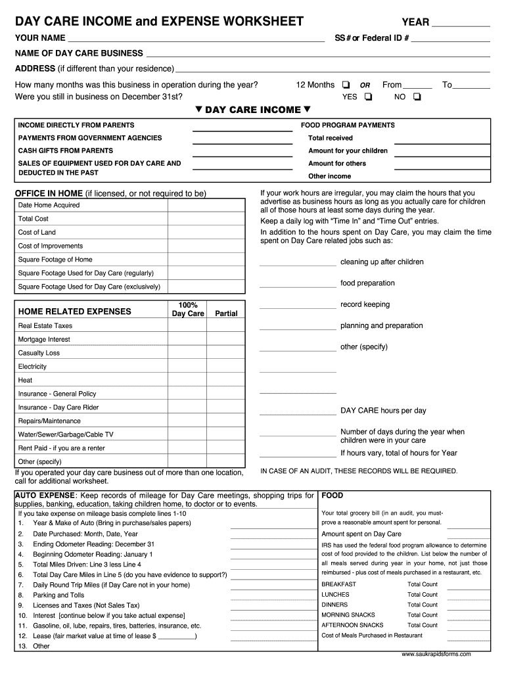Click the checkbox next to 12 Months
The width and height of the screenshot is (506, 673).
345,85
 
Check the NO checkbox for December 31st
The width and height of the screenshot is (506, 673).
417,97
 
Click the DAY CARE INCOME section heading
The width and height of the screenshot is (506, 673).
253,110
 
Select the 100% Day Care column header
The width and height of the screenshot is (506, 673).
188,310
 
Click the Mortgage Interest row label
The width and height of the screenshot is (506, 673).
44,340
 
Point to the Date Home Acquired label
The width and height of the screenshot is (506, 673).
49,205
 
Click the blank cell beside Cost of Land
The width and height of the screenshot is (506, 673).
207,233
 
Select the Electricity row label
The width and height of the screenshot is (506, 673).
32,367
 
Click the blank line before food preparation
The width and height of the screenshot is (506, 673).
298,284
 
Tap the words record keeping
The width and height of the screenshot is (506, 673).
365,304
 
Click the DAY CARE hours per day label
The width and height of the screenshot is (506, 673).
383,411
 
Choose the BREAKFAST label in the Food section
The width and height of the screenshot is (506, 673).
338,584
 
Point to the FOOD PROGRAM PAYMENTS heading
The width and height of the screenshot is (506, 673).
348,125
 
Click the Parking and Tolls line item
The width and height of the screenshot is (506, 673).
58,595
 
